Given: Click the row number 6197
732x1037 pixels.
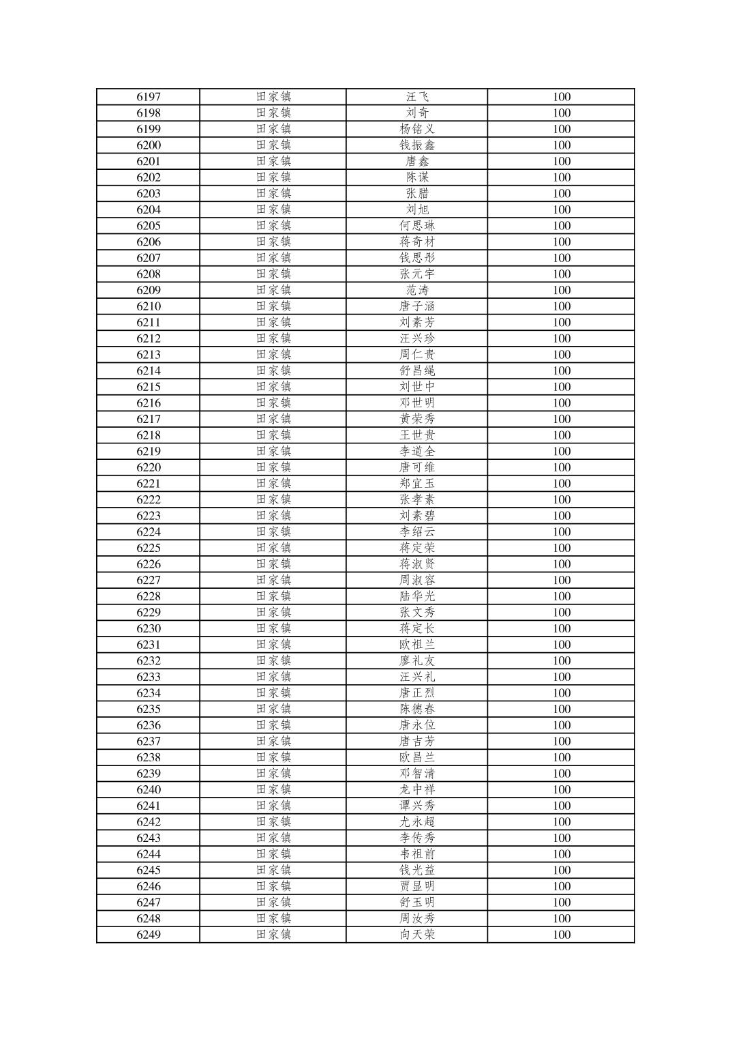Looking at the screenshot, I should [149, 97].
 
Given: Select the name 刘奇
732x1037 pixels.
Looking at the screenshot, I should [417, 113].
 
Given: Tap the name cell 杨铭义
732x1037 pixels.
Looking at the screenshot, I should [417, 129].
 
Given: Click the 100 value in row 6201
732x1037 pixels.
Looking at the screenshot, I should [562, 162].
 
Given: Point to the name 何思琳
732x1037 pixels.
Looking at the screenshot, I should [417, 226].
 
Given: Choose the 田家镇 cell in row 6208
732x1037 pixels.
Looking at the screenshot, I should [273, 274].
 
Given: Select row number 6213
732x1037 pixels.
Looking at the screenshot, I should [149, 355].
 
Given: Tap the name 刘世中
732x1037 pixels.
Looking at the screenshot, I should [417, 387].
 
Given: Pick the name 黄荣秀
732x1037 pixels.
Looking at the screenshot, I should [417, 420].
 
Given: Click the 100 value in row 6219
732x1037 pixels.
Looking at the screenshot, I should [562, 452].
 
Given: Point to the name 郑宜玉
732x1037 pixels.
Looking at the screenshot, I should [417, 484].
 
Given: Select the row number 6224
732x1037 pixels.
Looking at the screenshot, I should [149, 532].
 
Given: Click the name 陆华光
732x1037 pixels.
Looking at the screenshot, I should [417, 596].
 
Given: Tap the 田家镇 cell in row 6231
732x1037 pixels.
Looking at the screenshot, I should [273, 645].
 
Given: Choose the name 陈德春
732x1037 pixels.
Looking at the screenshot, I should [417, 710].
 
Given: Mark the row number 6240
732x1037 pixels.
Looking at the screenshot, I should [149, 790].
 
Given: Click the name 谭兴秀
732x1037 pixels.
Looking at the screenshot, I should [417, 806].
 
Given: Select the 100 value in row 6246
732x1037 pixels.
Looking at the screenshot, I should [562, 887].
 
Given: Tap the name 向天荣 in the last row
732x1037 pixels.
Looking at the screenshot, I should [417, 935].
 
